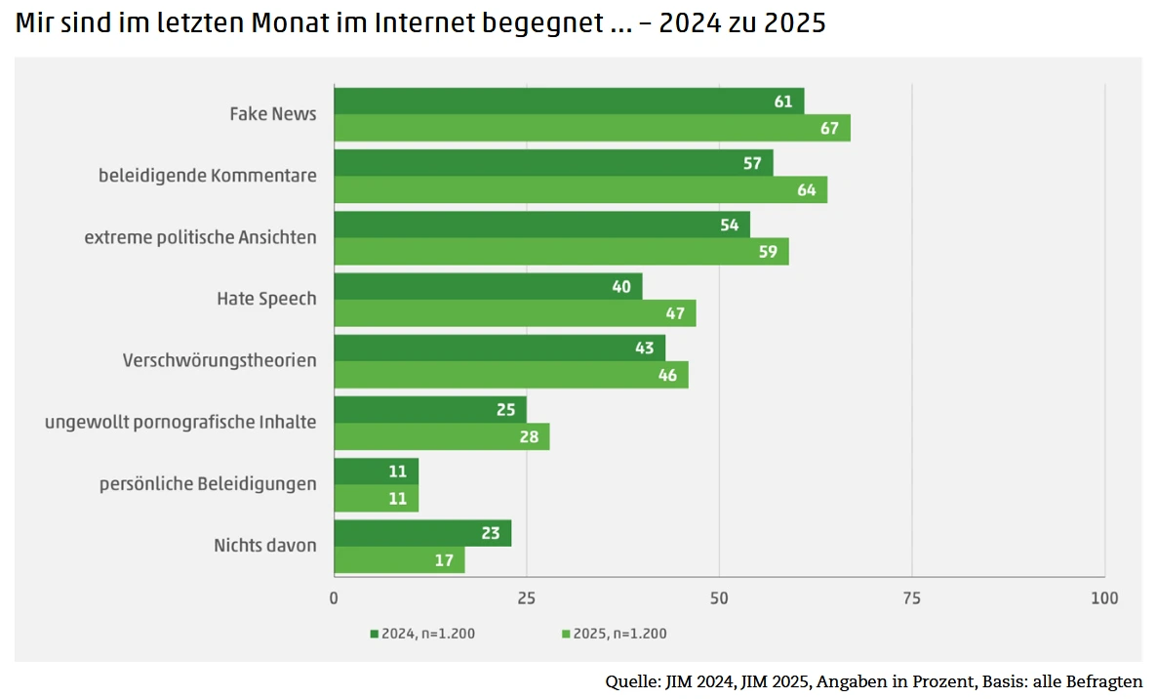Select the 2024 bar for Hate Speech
click(488, 286)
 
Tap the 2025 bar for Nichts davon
click(399, 560)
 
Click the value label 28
click(529, 437)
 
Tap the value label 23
click(491, 534)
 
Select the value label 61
click(783, 102)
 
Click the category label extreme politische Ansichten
click(200, 237)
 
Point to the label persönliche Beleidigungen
click(208, 484)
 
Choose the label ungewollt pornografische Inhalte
click(180, 422)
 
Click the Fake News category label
click(273, 114)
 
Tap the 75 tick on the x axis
click(911, 597)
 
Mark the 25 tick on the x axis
click(527, 597)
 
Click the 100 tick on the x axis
click(1104, 597)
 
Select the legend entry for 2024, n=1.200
click(423, 634)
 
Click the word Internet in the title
click(425, 23)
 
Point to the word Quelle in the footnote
click(630, 680)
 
